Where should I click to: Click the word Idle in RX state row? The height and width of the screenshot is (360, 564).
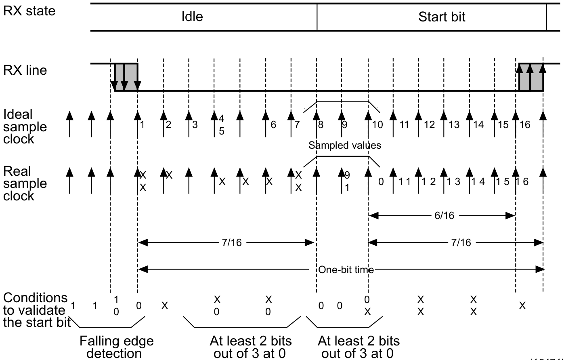tap(192, 17)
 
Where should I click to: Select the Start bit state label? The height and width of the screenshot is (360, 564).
tap(442, 17)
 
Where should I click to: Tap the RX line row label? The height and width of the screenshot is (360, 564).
tap(25, 70)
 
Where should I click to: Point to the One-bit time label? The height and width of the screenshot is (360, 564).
tap(346, 270)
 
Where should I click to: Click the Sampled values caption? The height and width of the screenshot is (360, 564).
tap(345, 145)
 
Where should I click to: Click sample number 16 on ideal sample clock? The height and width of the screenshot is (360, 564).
tap(525, 125)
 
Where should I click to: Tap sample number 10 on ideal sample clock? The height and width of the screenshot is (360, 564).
tap(377, 125)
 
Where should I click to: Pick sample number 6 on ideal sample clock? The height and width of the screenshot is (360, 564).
tap(273, 125)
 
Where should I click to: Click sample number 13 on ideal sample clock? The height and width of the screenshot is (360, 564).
tap(454, 125)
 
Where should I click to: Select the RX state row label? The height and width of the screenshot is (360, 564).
tap(29, 11)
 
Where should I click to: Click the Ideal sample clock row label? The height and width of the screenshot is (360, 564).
tap(25, 126)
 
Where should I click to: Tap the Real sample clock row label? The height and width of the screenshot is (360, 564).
tap(25, 183)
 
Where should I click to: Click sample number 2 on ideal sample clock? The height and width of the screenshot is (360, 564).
tap(169, 125)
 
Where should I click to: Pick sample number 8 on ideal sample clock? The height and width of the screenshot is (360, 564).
tap(321, 125)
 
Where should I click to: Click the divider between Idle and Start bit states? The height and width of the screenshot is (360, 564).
tap(317, 17)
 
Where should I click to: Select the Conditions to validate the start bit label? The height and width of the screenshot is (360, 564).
tap(36, 310)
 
